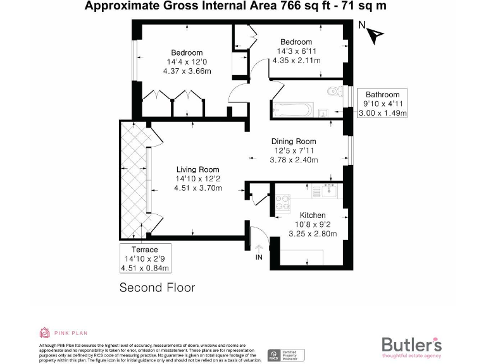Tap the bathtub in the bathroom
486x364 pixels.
click(291, 109)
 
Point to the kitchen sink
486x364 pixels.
click(328, 190)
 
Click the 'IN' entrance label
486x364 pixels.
click(258, 257)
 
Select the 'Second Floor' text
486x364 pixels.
click(157, 288)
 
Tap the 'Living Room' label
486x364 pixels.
click(197, 169)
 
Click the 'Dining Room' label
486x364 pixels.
click(294, 141)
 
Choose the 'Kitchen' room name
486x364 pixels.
click(313, 215)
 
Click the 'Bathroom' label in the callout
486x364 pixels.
click(382, 95)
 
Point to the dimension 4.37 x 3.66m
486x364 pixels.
click(187, 71)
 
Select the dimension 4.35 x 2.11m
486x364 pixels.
click(296, 61)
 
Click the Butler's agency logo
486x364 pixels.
click(411, 347)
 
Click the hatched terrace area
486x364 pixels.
click(133, 180)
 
